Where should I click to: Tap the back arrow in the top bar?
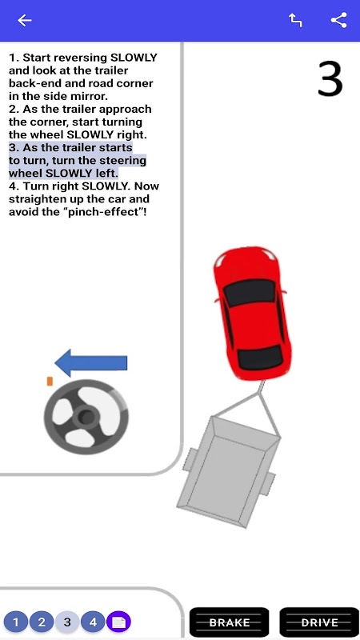tap(25, 20)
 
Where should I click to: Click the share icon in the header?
tap(338, 20)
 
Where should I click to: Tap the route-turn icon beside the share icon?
tap(295, 20)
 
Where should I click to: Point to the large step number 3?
tap(330, 78)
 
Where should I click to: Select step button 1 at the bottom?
tap(16, 622)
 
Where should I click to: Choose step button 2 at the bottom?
tap(42, 622)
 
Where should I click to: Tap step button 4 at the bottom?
tap(93, 622)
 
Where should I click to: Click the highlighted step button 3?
tap(67, 622)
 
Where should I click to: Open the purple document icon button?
tap(118, 622)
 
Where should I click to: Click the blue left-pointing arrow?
tap(91, 363)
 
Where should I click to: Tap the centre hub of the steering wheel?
tap(86, 417)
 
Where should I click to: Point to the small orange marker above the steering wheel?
tap(50, 382)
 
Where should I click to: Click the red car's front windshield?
tap(249, 293)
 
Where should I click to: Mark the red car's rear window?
tap(260, 356)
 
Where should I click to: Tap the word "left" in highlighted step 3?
tap(107, 173)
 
